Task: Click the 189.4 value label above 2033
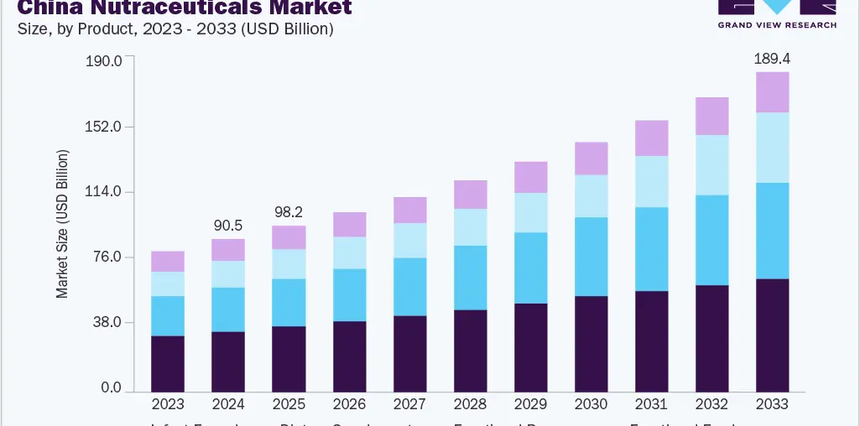click(x=772, y=59)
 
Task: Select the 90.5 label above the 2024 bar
click(x=228, y=226)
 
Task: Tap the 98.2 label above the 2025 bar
click(x=289, y=212)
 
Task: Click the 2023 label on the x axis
click(x=168, y=404)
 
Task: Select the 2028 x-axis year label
click(x=470, y=404)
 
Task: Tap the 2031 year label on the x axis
click(x=651, y=404)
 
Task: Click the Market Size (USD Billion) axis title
click(x=63, y=225)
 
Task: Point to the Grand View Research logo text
click(x=777, y=25)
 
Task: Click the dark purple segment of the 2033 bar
click(x=772, y=335)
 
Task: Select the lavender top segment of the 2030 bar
click(x=591, y=158)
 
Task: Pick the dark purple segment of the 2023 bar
click(x=168, y=363)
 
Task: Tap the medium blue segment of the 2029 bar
click(x=530, y=268)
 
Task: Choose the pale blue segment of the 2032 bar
click(x=711, y=165)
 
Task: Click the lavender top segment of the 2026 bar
click(x=349, y=225)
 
